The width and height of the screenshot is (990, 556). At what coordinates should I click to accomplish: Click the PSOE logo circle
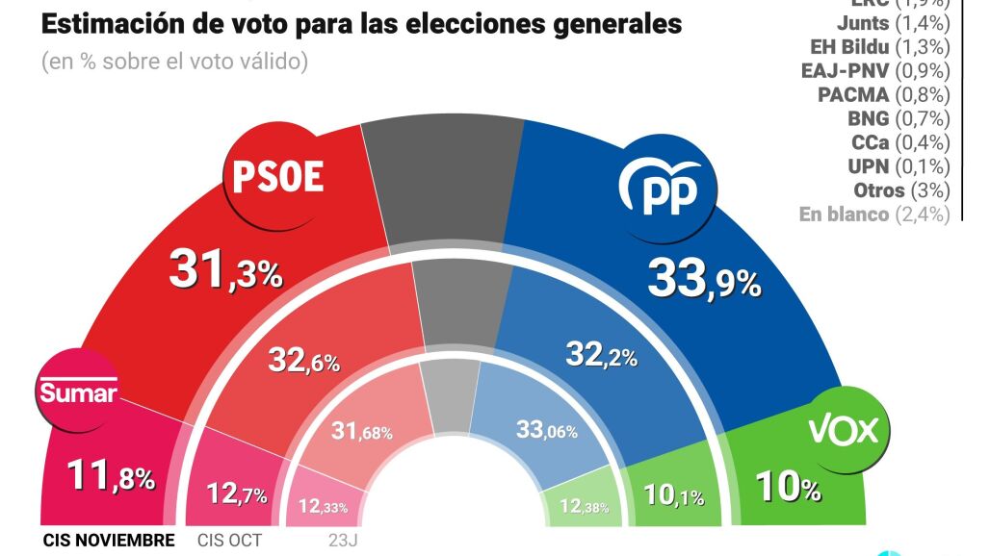(274, 177)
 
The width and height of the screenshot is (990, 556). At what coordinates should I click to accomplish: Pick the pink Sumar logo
(77, 392)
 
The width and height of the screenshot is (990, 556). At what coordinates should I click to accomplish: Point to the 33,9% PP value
(704, 278)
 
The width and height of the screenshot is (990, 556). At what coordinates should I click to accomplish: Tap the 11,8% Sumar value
(110, 474)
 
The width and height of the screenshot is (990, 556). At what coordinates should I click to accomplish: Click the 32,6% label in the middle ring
(303, 363)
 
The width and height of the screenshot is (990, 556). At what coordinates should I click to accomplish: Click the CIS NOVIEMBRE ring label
(109, 541)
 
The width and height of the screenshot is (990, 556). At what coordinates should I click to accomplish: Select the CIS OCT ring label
(231, 541)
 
